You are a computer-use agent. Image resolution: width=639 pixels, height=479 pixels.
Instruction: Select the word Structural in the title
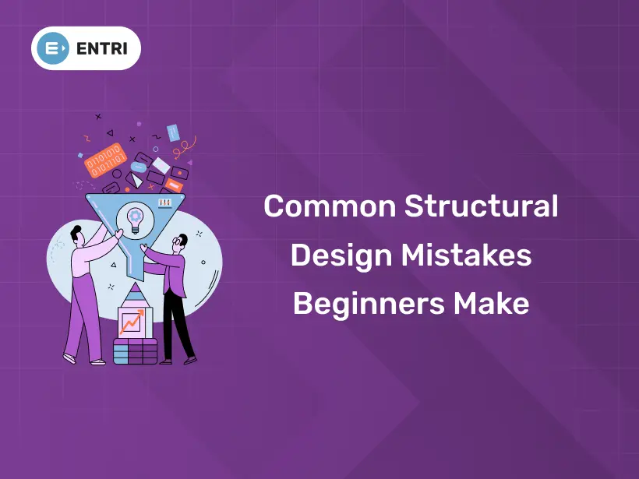coord(481,207)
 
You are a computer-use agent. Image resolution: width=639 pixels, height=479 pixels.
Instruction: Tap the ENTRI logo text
coord(104,48)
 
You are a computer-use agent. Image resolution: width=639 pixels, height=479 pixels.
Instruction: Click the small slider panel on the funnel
coord(165,203)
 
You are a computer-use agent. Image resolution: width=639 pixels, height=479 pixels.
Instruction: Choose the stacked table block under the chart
coord(135,351)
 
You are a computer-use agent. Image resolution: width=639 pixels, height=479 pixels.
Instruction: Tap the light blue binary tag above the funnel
coord(173,132)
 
